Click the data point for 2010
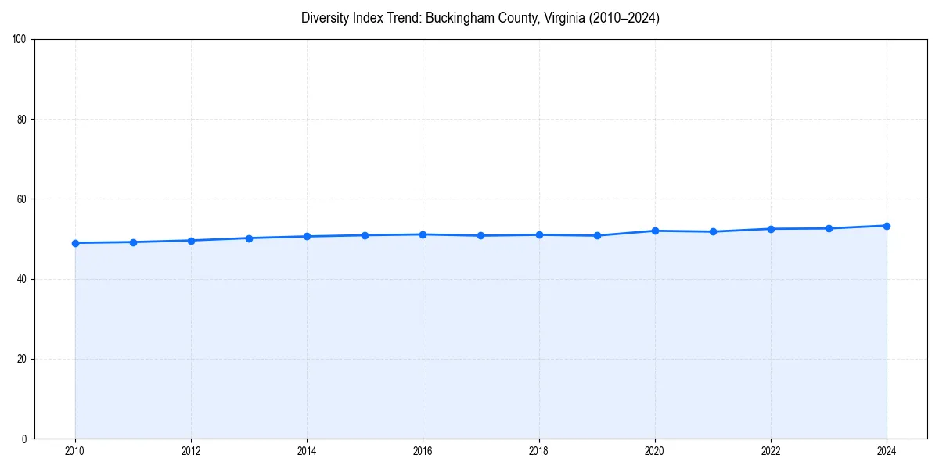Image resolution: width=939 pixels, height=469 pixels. click(x=75, y=243)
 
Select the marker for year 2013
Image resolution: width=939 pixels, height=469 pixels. click(x=249, y=238)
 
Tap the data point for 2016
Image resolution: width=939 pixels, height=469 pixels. click(x=423, y=234)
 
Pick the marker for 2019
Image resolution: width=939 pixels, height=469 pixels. click(x=597, y=235)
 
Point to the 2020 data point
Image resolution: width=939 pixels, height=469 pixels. click(x=655, y=231)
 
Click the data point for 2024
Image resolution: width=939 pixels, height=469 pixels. click(x=887, y=226)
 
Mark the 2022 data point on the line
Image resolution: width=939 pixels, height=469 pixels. click(x=771, y=229)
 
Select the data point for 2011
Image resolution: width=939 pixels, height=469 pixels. click(x=133, y=242)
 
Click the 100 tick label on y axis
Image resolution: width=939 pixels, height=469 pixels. click(x=20, y=40)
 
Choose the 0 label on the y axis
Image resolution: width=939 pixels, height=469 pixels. click(x=25, y=439)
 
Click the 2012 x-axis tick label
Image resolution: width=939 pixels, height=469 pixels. click(x=191, y=451)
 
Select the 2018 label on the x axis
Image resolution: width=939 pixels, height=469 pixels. click(x=538, y=451)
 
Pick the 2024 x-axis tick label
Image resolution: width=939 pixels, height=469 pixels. click(x=887, y=451)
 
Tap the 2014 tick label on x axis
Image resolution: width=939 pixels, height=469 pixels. click(x=307, y=451)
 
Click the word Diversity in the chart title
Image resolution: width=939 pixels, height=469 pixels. click(x=324, y=18)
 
